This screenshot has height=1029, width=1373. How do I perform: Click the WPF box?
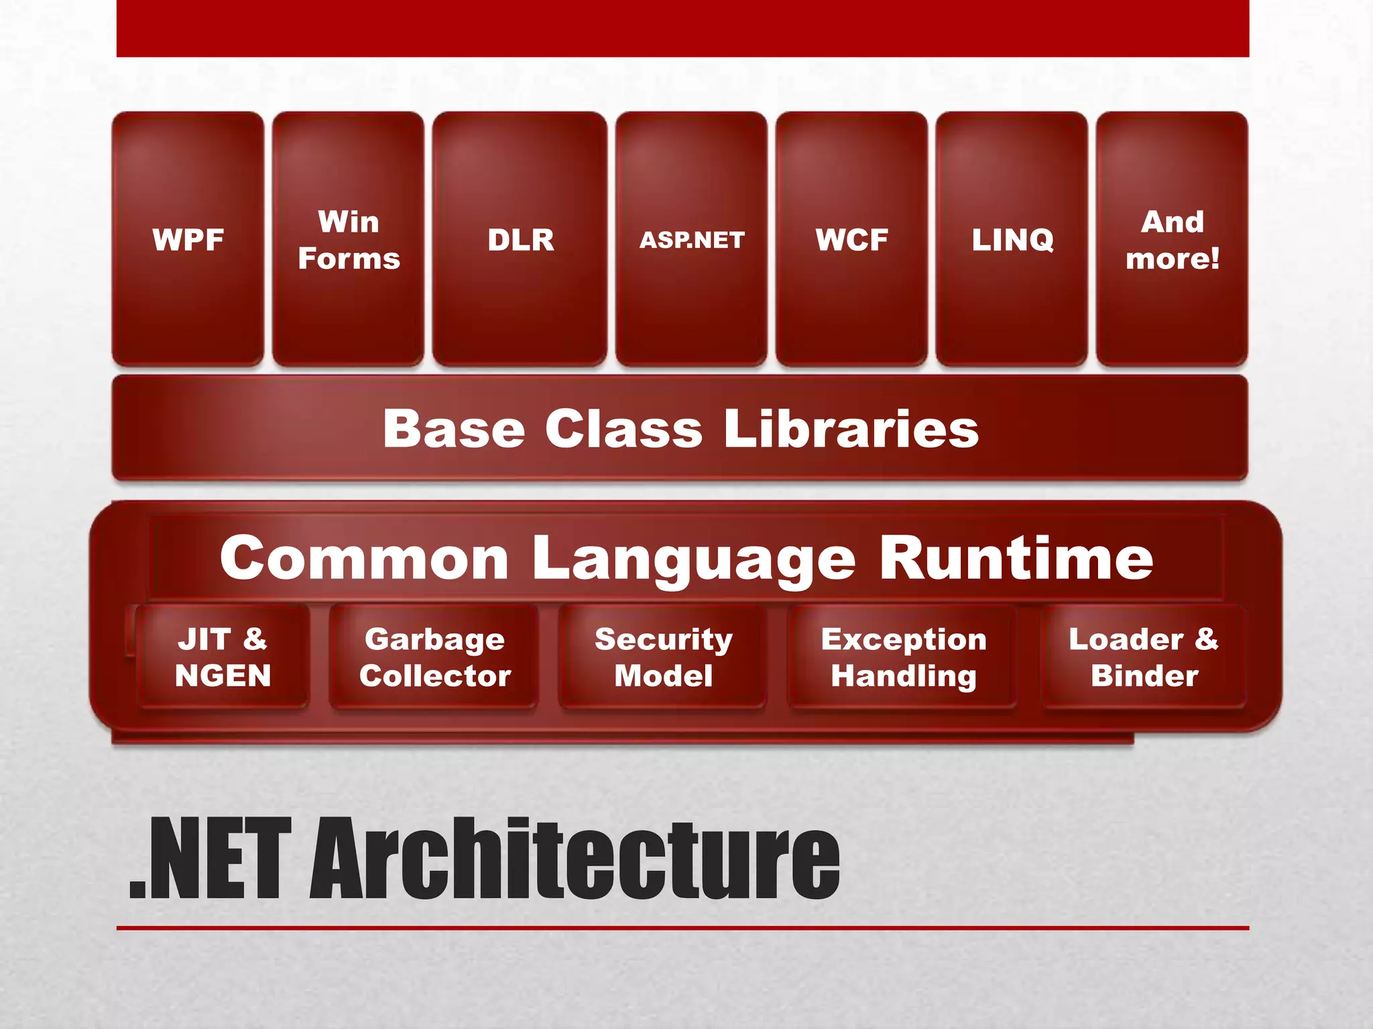coord(188,239)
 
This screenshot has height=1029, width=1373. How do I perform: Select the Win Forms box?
coord(349,239)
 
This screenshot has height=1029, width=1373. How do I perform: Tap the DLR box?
coord(520,239)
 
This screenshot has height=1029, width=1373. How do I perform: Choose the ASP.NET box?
coord(692,239)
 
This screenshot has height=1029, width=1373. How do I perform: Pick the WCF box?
coord(851,239)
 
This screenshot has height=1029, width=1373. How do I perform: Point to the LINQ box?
coord(1012,239)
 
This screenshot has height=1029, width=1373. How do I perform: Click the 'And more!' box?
coord(1172,239)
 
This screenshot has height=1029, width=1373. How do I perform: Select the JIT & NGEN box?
coord(223,657)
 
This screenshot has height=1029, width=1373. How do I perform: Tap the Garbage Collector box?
coord(434,657)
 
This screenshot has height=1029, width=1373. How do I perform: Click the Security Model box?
coord(663,657)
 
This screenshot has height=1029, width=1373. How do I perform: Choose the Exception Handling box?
coord(903,657)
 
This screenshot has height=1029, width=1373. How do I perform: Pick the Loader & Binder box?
coord(1144,657)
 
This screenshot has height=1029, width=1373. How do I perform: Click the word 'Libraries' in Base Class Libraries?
coord(851,429)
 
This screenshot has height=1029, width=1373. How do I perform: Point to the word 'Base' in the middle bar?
coord(454,429)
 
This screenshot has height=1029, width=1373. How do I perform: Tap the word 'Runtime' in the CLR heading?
coord(1016,558)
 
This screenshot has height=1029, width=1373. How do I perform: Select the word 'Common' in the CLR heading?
coord(364,558)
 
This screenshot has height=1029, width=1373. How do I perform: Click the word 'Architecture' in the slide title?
coord(575,859)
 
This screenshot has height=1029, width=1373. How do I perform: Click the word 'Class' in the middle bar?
coord(623,429)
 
